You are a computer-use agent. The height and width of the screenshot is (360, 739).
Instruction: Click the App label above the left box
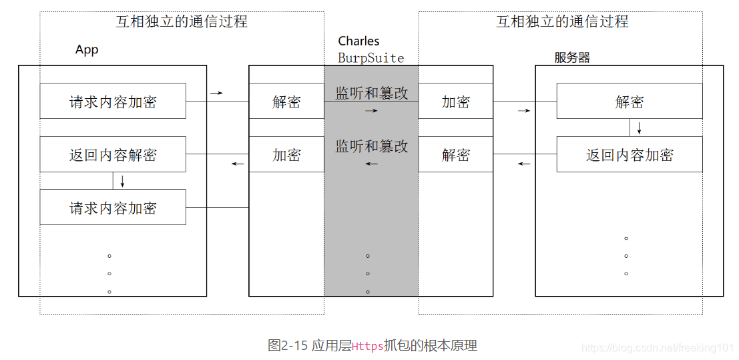[87, 50]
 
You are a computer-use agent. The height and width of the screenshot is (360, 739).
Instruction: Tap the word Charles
[358, 41]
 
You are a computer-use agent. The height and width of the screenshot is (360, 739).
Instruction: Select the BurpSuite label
[371, 58]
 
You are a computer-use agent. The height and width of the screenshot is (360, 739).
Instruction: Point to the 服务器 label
[572, 57]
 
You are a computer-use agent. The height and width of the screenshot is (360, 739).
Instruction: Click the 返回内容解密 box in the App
[113, 155]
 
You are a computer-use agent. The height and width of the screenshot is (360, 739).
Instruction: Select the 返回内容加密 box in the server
[629, 155]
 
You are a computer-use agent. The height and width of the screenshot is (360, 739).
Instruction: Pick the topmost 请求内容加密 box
[113, 102]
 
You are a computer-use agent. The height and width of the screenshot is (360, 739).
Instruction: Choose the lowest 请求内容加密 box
[113, 208]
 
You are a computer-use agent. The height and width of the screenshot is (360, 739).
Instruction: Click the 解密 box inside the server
[629, 102]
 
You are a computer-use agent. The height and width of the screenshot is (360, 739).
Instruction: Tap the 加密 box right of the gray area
[456, 102]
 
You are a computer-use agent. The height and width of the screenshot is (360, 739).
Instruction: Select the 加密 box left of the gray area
[286, 155]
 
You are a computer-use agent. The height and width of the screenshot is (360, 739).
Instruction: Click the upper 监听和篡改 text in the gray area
[371, 93]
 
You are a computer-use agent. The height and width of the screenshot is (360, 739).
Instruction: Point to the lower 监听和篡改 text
[371, 146]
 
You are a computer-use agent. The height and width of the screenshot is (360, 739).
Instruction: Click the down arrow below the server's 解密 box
[639, 128]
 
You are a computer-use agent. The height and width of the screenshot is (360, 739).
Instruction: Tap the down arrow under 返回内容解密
[122, 180]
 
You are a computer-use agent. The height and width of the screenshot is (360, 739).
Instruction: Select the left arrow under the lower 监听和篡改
[371, 164]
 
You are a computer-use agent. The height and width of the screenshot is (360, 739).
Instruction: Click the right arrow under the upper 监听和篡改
[371, 110]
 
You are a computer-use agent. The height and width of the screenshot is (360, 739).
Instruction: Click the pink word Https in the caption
[367, 346]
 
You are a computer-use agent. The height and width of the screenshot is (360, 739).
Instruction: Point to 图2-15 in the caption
[287, 345]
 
